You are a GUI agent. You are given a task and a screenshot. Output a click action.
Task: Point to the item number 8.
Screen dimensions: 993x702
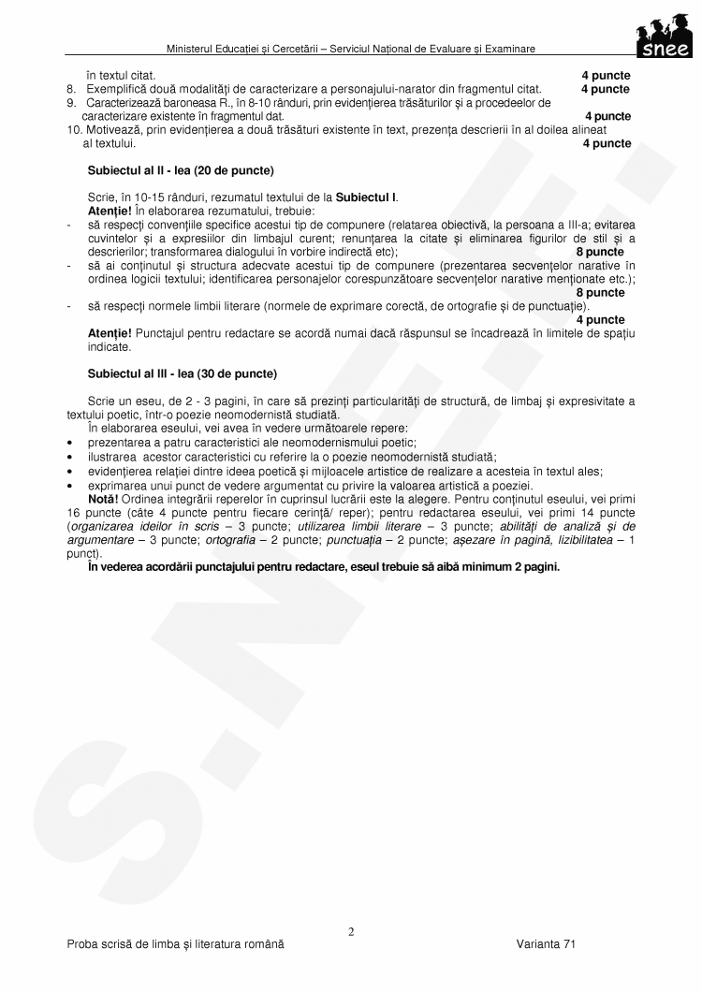(70, 89)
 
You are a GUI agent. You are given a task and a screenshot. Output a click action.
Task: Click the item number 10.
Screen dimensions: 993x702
(73, 129)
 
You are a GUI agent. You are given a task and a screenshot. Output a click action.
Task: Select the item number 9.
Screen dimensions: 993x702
(70, 102)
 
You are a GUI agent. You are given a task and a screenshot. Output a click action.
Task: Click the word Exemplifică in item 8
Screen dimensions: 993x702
(116, 89)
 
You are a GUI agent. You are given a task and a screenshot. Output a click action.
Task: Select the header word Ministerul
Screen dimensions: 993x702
(193, 48)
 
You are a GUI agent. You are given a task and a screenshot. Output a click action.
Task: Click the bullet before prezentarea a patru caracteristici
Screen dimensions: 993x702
(71, 442)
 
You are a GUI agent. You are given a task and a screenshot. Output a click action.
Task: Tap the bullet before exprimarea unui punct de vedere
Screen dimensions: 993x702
(71, 486)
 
